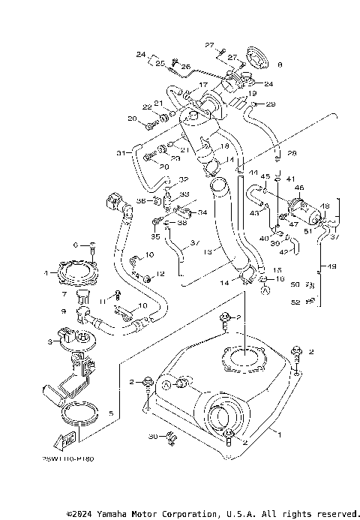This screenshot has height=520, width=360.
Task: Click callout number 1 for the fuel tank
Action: click(280, 434)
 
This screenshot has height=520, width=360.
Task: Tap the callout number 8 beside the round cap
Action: click(280, 65)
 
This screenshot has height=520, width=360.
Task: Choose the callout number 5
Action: click(111, 413)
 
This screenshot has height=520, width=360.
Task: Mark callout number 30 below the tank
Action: click(153, 436)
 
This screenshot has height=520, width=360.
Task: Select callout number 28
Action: click(292, 154)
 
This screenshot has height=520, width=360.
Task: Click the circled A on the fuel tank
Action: click(180, 384)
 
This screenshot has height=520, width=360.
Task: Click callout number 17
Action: click(202, 86)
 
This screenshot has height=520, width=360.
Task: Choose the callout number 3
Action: click(51, 342)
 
